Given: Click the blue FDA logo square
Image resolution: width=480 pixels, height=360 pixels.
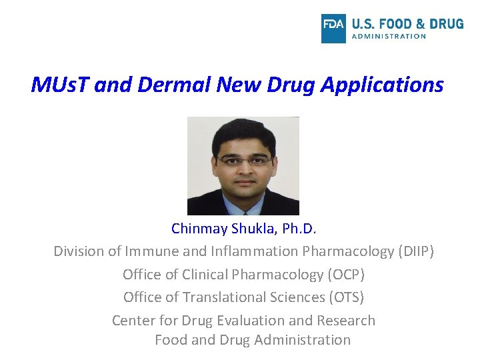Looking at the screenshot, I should tap(333, 28).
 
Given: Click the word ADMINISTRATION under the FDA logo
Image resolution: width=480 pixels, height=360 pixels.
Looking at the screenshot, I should tap(389, 37).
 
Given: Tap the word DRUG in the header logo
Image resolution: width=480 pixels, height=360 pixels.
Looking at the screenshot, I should tap(447, 24).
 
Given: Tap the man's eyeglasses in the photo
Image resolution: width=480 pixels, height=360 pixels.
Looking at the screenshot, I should tap(245, 160).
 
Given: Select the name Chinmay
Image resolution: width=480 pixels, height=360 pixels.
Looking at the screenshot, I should tap(199, 229).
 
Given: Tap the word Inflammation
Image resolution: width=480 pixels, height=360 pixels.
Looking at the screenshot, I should tap(255, 251).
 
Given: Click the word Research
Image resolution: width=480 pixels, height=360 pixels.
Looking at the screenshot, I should tap(345, 321).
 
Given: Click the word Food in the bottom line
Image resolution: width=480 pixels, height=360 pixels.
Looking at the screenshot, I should tap(171, 340).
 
